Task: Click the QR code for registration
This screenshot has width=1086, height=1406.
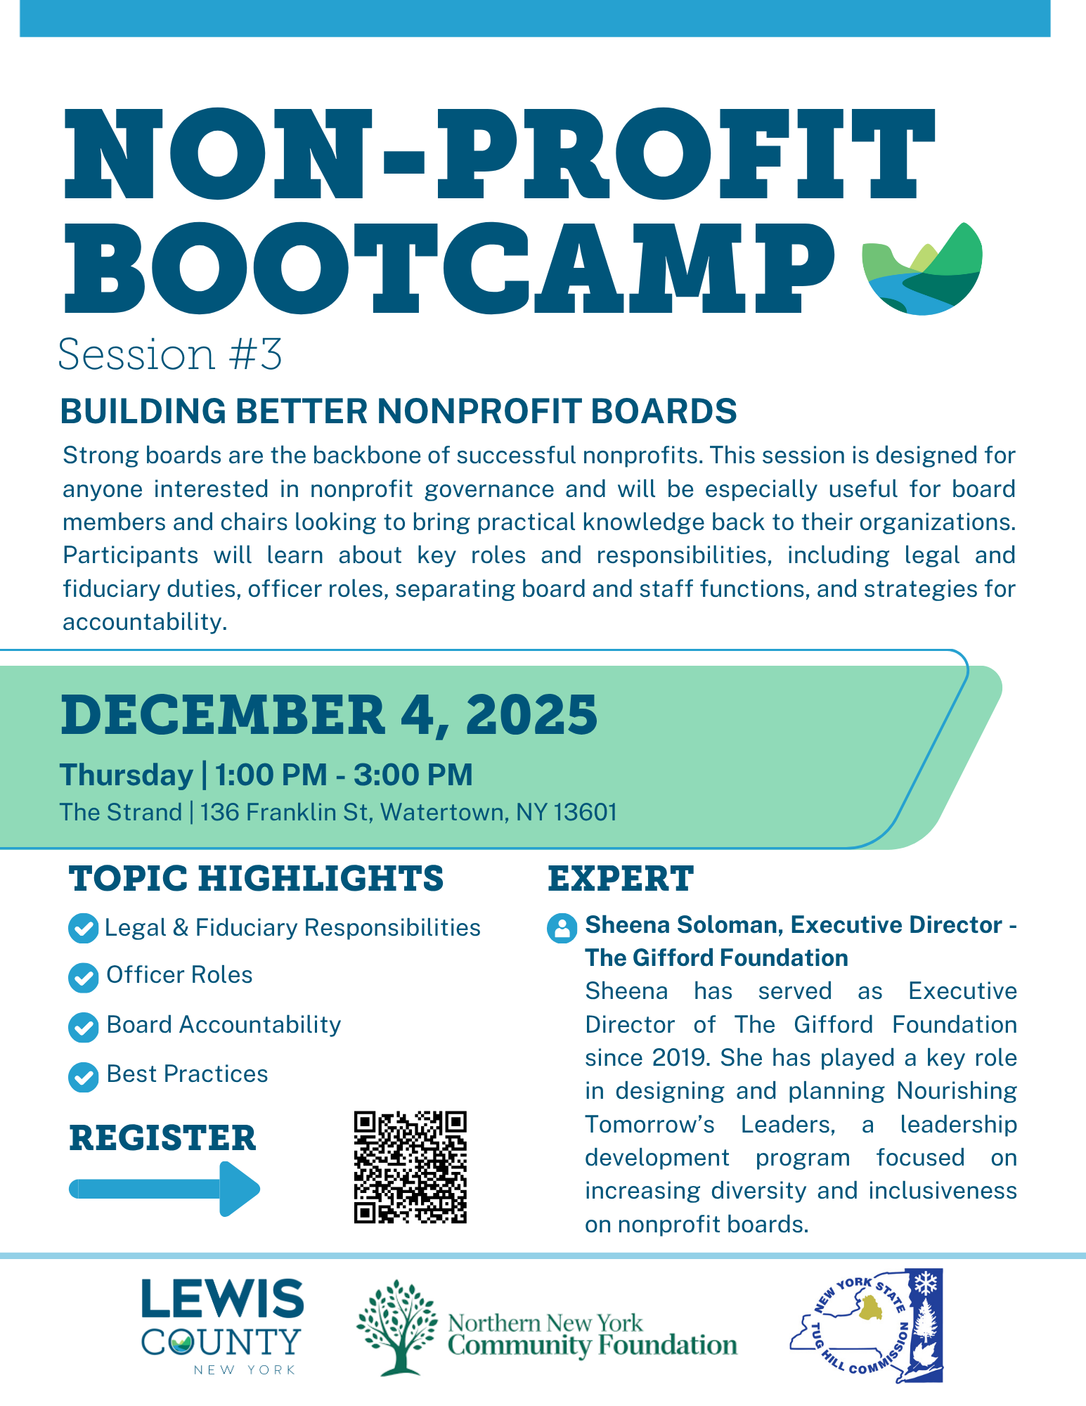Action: [x=411, y=1167]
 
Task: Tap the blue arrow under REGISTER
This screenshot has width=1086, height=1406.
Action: [x=164, y=1189]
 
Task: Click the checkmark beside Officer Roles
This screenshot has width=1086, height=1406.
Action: [x=84, y=977]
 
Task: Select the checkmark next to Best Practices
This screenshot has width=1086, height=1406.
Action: [x=84, y=1076]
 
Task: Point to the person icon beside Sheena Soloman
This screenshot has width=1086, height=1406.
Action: [x=562, y=928]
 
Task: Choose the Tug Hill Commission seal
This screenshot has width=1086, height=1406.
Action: [x=867, y=1326]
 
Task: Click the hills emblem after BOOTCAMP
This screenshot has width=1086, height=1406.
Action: [x=922, y=269]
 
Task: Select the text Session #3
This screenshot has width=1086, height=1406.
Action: [x=170, y=354]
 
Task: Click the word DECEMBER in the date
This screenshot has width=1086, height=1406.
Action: [x=224, y=715]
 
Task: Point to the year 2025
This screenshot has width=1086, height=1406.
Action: [x=531, y=715]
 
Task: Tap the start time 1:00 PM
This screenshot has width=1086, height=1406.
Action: [x=271, y=775]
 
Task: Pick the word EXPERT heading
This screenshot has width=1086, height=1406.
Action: [x=621, y=879]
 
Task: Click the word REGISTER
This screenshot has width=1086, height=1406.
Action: [x=162, y=1138]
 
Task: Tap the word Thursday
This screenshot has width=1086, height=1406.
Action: [x=127, y=775]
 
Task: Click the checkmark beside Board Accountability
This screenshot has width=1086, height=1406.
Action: [x=84, y=1027]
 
